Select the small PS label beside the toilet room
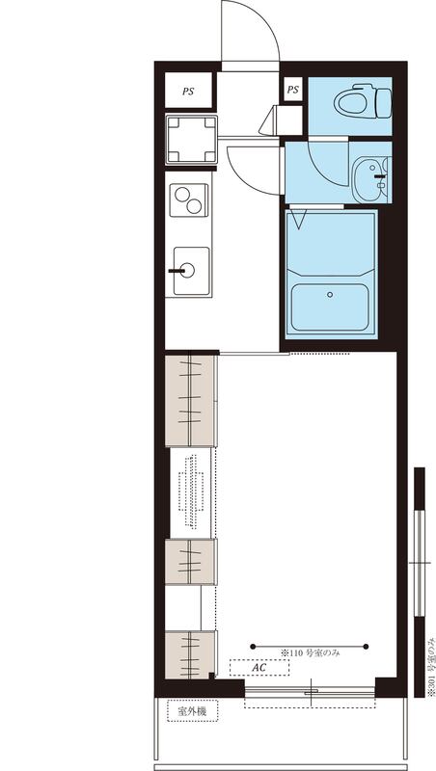pyautogui.click(x=293, y=91)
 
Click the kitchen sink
pyautogui.click(x=190, y=269)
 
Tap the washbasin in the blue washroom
pyautogui.click(x=370, y=177)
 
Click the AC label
pyautogui.click(x=259, y=667)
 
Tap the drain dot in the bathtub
pyautogui.click(x=331, y=296)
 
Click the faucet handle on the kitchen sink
pyautogui.click(x=177, y=271)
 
